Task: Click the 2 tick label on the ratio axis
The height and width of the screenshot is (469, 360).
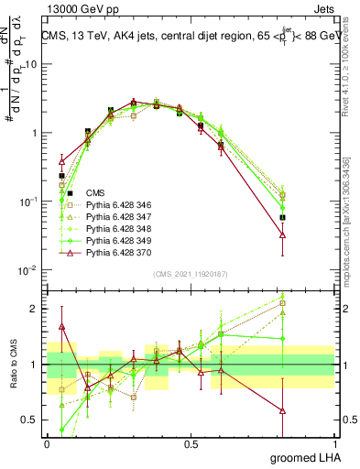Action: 35,309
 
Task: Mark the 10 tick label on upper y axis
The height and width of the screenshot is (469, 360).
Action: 31,64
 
